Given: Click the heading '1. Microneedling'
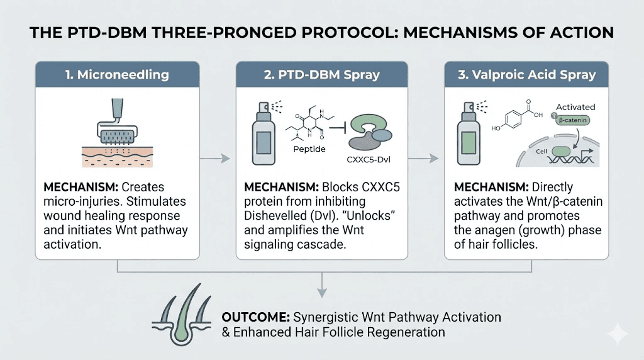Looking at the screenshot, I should pyautogui.click(x=117, y=74).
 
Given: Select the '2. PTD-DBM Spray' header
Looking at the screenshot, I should pyautogui.click(x=321, y=74).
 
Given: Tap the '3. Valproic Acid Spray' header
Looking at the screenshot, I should pyautogui.click(x=526, y=74).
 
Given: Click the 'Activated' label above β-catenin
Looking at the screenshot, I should pyautogui.click(x=575, y=108).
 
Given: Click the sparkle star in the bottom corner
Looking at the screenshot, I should pyautogui.click(x=618, y=334).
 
